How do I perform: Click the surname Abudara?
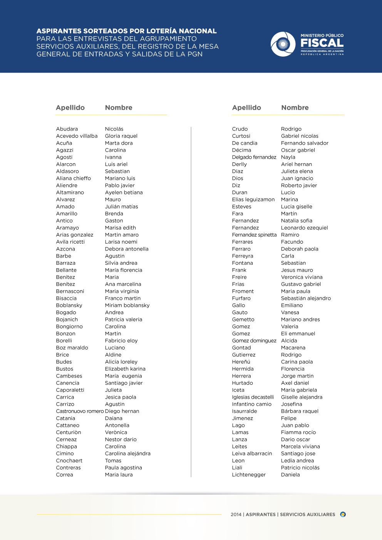coord(67,129)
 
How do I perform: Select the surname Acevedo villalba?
coord(77,136)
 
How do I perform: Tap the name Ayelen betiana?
coord(124,192)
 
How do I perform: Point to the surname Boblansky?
coord(69,305)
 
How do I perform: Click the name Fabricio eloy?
coord(121,341)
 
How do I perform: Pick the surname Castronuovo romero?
coord(80,411)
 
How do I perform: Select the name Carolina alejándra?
coord(127,453)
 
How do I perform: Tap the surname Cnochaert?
coord(69,461)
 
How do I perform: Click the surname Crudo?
coord(240,129)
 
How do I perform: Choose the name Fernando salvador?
coord(305,143)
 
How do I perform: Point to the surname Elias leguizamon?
coord(253,199)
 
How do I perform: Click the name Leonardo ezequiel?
coord(304,228)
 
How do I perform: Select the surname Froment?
coord(243,291)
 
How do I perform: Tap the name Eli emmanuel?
coord(298,334)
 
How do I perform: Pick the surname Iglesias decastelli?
coord(253,397)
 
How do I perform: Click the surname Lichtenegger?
coord(249,475)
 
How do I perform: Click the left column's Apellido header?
coord(70,108)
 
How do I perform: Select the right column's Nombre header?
coord(295,108)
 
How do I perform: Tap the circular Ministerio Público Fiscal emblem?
coord(283,44)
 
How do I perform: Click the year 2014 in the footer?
coord(236,515)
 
